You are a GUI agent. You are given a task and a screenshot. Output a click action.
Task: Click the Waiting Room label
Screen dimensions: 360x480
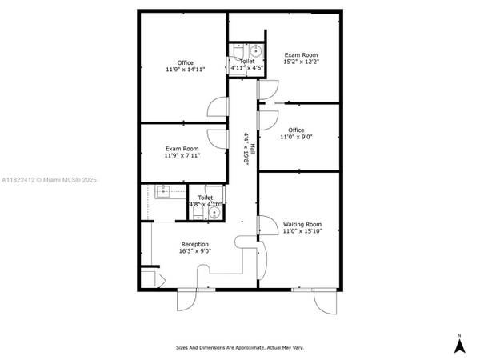point(302,224)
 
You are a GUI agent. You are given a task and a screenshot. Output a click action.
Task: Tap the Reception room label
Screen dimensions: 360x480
point(194,244)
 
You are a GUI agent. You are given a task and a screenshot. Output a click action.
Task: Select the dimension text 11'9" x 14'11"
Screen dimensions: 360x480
point(185,70)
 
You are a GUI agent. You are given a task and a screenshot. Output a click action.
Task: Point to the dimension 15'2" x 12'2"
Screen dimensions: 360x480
point(301,62)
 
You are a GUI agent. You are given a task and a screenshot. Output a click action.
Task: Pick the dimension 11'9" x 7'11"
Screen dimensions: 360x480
point(182,155)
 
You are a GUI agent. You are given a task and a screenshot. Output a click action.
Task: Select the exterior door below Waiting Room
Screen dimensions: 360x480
point(327,302)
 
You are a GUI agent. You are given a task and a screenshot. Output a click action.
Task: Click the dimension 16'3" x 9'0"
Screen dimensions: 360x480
point(194,251)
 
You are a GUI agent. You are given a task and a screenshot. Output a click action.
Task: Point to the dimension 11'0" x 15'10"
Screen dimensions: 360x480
point(302,231)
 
